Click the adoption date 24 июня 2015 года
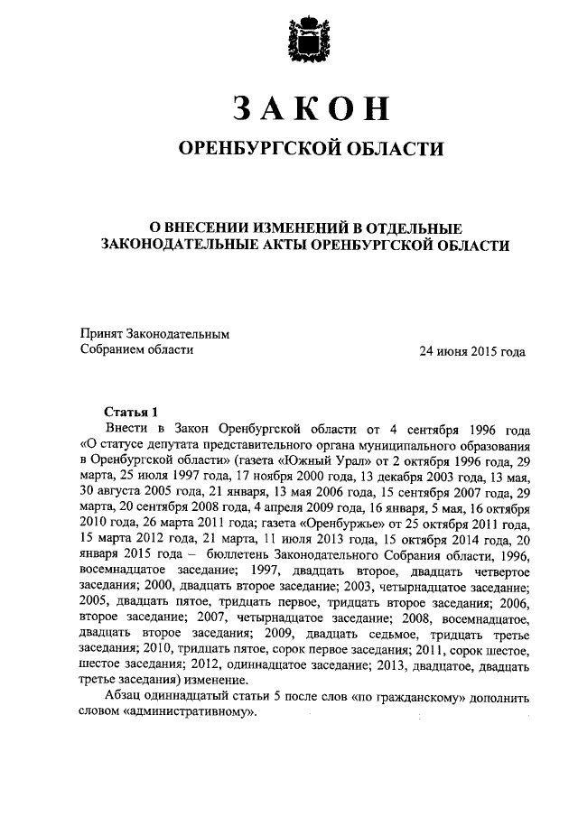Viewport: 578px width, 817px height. click(x=471, y=351)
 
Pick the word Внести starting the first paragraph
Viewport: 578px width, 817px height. click(x=126, y=427)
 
